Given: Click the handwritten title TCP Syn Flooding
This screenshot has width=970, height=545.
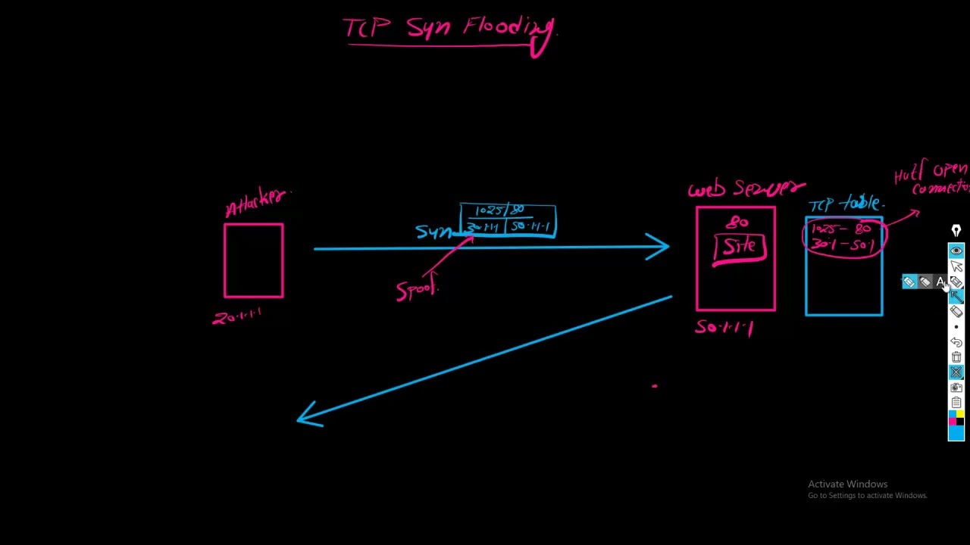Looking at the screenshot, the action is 450,29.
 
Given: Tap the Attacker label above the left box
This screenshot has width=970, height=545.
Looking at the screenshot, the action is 257,201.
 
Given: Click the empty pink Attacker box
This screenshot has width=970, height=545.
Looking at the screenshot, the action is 254,260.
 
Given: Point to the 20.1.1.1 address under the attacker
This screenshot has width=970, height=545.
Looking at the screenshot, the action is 237,316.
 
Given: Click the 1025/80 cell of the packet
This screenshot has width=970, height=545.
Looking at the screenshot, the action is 499,210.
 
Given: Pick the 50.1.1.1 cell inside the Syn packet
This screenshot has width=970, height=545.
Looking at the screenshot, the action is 530,226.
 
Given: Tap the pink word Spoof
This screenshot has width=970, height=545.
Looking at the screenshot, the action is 417,290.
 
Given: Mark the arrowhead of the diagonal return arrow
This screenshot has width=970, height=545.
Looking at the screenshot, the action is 308,416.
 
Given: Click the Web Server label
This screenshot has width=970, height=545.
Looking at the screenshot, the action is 746,188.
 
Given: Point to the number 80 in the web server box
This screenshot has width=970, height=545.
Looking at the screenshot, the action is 737,222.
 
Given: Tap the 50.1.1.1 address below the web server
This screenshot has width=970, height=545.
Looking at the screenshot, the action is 724,327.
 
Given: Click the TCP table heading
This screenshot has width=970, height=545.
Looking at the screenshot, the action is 846,204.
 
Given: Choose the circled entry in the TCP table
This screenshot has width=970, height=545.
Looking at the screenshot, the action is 843,236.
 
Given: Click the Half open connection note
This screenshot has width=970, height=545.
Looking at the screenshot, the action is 932,179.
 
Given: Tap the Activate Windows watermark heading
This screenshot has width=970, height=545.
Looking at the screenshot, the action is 847,484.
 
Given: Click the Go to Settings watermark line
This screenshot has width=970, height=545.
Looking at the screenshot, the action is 867,496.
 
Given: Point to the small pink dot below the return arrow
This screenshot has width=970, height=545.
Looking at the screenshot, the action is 655,386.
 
